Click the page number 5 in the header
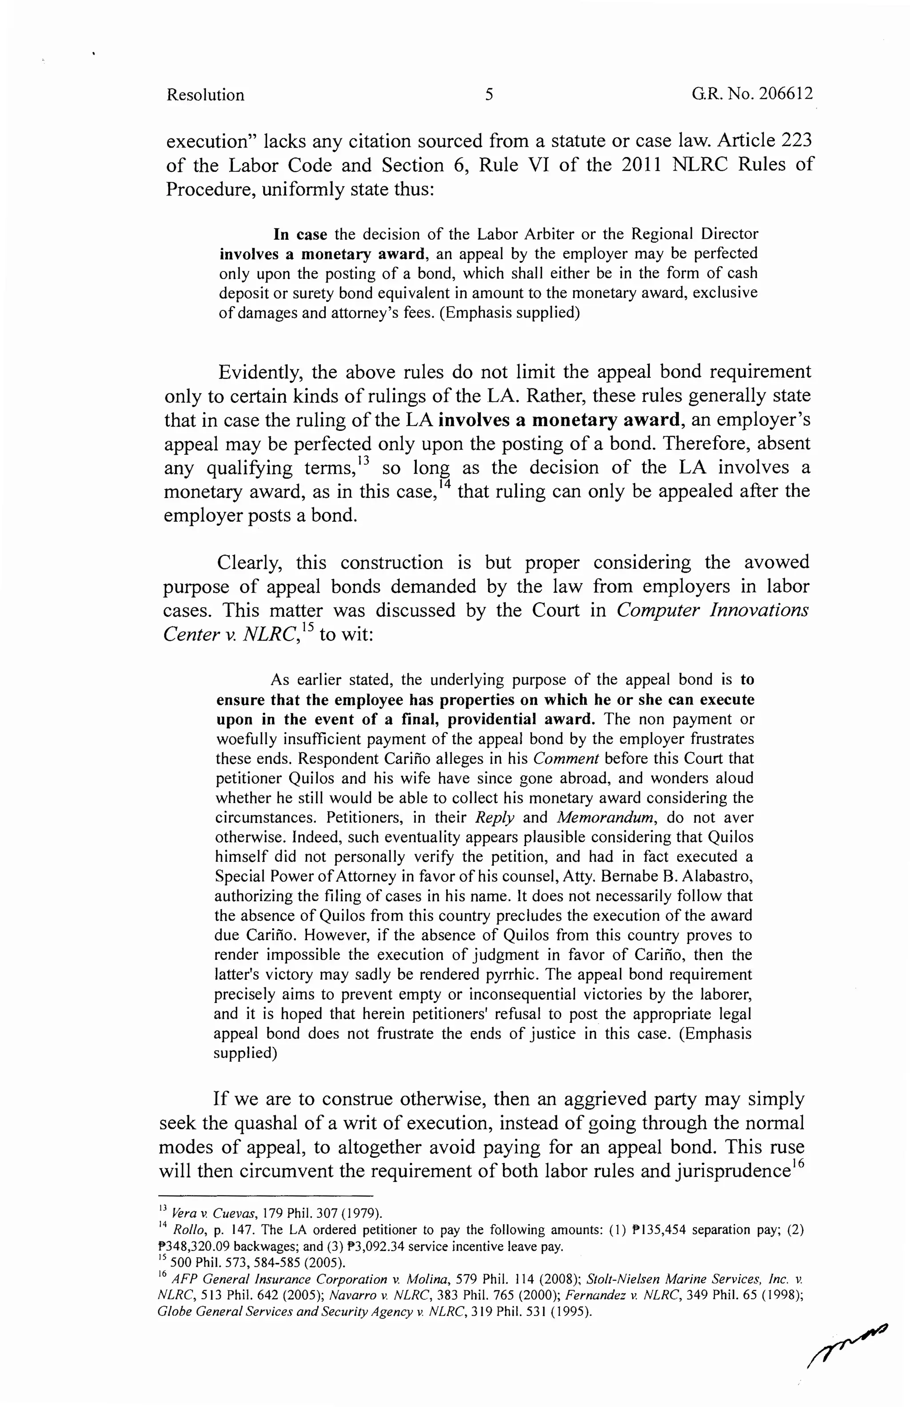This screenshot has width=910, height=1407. click(x=489, y=95)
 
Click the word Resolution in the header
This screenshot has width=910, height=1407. click(x=205, y=95)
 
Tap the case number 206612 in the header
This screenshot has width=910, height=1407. click(x=785, y=94)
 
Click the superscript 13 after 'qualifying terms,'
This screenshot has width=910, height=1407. click(x=363, y=460)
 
